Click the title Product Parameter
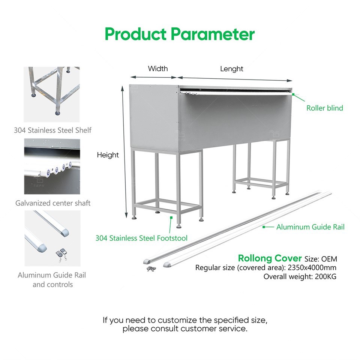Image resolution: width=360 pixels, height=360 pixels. (x=180, y=34)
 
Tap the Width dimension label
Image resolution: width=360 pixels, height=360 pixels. (x=158, y=69)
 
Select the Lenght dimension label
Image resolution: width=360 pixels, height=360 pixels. (x=231, y=69)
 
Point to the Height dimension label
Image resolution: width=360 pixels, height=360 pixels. (x=108, y=155)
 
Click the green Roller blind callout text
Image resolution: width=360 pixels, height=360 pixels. (x=324, y=108)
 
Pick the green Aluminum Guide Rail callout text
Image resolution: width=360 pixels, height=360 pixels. (x=310, y=227)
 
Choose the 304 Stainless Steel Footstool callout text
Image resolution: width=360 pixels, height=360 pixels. (x=141, y=238)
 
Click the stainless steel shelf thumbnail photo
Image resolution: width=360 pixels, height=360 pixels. (x=52, y=94)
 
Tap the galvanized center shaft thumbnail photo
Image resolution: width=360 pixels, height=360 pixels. (x=52, y=166)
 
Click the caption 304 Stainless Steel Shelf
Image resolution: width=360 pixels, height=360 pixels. (x=52, y=130)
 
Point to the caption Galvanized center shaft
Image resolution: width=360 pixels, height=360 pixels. (x=53, y=203)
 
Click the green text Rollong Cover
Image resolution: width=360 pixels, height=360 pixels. (x=270, y=258)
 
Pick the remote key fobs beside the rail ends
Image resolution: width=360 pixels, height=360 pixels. (x=151, y=268)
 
